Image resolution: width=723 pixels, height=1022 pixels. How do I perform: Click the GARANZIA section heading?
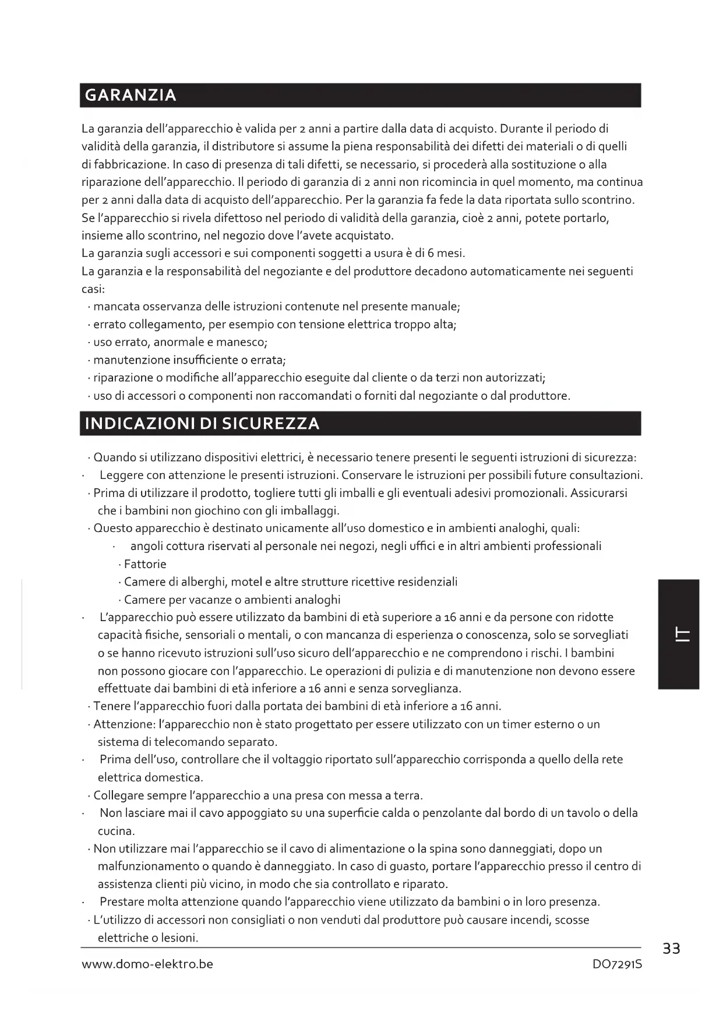point(131,96)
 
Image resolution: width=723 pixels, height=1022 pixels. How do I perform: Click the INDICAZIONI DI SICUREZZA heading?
point(202,424)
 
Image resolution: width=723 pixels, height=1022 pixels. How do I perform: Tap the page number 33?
point(671,949)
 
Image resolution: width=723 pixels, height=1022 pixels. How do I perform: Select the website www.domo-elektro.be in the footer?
point(147,964)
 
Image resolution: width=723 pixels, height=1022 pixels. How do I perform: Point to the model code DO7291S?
point(617,964)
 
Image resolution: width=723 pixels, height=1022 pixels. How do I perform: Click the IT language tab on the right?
point(679,635)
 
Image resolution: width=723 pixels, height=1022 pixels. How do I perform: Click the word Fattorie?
point(145,564)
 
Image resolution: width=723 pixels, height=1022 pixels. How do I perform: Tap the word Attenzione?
point(124,724)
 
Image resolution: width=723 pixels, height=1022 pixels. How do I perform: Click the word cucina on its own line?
point(115,831)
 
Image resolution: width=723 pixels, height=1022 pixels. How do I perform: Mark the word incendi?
point(528,920)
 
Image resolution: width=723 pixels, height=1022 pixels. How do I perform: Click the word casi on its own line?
point(92,289)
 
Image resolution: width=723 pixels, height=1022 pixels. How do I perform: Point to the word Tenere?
point(111,707)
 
